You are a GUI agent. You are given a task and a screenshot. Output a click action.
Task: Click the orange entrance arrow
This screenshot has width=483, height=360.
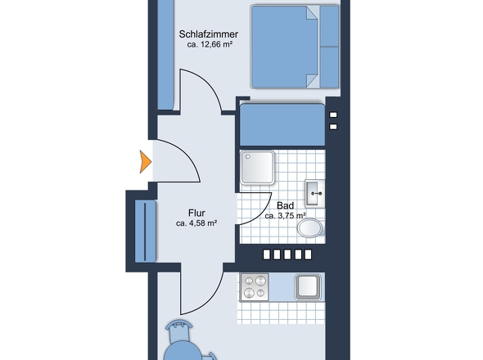146,161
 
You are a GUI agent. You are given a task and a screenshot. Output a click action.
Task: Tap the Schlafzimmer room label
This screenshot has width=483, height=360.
209,34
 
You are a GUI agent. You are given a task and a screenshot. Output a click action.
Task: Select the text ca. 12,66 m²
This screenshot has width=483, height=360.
209,46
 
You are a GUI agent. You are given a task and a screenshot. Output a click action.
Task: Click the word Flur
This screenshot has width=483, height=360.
196,209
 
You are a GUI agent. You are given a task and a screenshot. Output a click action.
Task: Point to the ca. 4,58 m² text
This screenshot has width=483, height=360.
196,222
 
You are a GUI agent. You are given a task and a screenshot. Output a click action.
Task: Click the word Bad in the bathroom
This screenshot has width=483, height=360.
285,205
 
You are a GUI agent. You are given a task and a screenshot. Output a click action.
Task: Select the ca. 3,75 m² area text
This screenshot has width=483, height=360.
285,217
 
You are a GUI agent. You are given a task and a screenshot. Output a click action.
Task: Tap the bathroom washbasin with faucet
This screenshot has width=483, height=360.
314,193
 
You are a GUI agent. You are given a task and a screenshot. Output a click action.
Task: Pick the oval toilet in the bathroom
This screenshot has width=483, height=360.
311,227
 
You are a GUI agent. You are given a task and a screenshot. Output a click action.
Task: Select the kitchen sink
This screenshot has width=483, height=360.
309,287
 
